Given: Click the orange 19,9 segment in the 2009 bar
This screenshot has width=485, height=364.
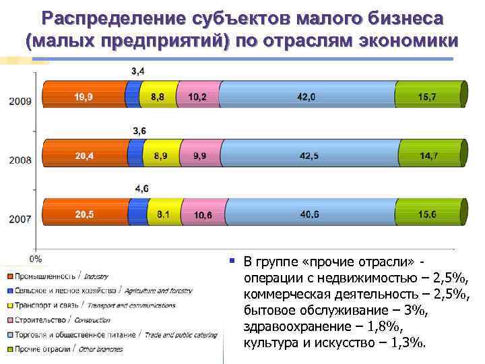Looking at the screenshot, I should point(84,96).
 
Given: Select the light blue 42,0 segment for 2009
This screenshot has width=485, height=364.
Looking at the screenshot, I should point(306,96).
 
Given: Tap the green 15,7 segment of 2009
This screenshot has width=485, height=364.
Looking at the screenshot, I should point(428,96).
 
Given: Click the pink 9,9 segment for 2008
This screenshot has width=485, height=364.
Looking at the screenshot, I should point(200,156).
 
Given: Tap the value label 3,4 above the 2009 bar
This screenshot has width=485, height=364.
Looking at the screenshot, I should point(137,70).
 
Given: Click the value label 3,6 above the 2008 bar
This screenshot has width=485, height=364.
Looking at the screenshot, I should point(140,130).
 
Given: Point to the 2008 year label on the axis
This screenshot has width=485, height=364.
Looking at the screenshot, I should point(20,160).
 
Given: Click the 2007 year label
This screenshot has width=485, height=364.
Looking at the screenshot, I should point(20,219).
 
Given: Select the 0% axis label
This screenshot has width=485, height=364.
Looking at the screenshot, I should point(36,258).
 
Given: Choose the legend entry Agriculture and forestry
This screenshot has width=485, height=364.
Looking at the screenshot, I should point(98,291).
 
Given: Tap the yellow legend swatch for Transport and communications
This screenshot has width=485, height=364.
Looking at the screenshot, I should point(10,305).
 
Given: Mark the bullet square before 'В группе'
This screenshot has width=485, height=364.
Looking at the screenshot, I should point(231,260).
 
